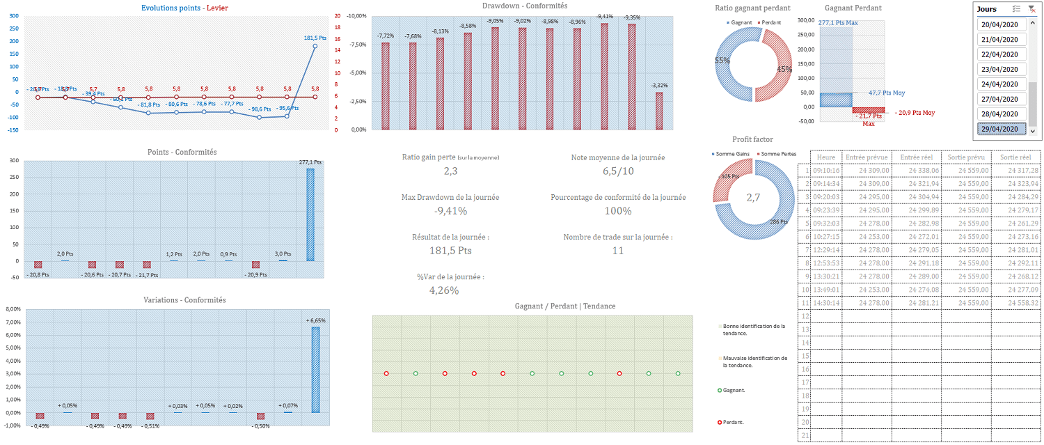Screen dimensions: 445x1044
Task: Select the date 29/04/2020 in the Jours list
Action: (x=1002, y=129)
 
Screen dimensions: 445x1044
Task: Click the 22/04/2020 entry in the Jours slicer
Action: (x=1002, y=54)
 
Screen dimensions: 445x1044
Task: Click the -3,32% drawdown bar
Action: (x=658, y=111)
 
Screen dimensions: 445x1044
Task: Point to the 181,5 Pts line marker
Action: (x=315, y=46)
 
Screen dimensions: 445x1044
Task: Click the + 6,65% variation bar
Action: (x=315, y=369)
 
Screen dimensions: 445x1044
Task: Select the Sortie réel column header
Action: (x=1015, y=157)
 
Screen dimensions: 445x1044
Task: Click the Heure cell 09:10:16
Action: (x=827, y=170)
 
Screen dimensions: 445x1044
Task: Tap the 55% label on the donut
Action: (x=722, y=61)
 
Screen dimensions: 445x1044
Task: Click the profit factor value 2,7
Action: (x=753, y=198)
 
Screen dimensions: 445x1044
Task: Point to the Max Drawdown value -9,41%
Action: (x=450, y=211)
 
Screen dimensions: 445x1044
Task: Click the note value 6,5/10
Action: (x=618, y=171)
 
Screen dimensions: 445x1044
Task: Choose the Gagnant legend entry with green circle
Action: (x=734, y=390)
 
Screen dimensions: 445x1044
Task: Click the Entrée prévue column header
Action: (x=866, y=157)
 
